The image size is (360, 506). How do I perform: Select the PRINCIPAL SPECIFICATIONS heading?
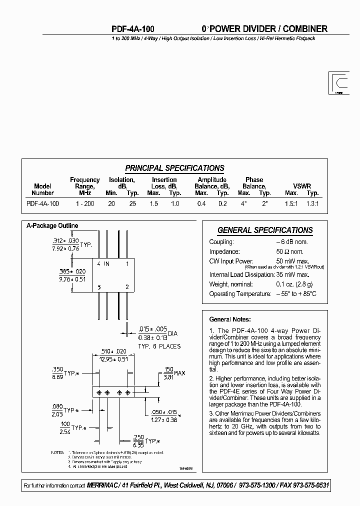pyautogui.click(x=174, y=168)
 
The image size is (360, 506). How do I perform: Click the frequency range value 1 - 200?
pyautogui.click(x=85, y=203)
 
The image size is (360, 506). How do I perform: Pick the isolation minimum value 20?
pyautogui.click(x=111, y=203)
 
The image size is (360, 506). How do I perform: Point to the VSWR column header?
pyautogui.click(x=301, y=186)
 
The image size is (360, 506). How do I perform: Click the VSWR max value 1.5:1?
pyautogui.click(x=291, y=203)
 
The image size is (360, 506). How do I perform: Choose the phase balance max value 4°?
pyautogui.click(x=243, y=203)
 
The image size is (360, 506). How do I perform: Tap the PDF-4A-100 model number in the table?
pyautogui.click(x=42, y=203)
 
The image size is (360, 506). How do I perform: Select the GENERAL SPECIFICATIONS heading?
pyautogui.click(x=265, y=230)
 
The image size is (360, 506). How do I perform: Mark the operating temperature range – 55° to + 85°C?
pyautogui.click(x=296, y=294)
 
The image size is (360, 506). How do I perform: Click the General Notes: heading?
pyautogui.click(x=230, y=319)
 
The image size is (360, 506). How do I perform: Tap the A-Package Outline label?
pyautogui.click(x=52, y=226)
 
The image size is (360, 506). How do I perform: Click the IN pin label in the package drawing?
pyautogui.click(x=106, y=263)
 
